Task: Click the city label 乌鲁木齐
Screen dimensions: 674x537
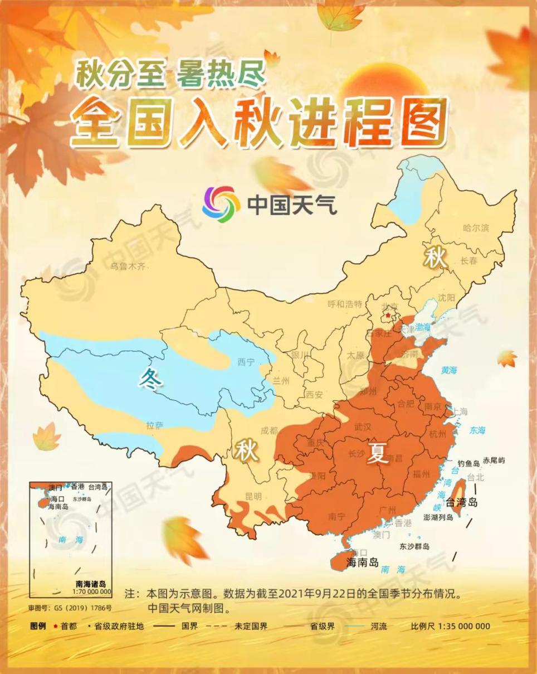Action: click(x=128, y=266)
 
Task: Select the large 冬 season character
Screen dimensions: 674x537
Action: click(x=151, y=379)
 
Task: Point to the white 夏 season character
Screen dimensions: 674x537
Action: click(x=377, y=454)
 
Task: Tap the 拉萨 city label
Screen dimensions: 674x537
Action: click(x=155, y=426)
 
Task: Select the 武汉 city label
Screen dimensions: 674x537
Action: click(x=363, y=427)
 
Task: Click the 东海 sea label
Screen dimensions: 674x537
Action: click(x=477, y=430)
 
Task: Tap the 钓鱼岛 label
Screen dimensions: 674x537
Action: click(x=468, y=463)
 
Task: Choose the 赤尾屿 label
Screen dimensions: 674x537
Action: click(x=494, y=460)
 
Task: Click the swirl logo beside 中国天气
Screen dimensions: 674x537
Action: click(x=221, y=204)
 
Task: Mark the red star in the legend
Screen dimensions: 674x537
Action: click(x=55, y=626)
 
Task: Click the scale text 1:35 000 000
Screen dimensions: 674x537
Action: click(x=464, y=626)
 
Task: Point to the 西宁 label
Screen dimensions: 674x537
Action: click(x=246, y=362)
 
